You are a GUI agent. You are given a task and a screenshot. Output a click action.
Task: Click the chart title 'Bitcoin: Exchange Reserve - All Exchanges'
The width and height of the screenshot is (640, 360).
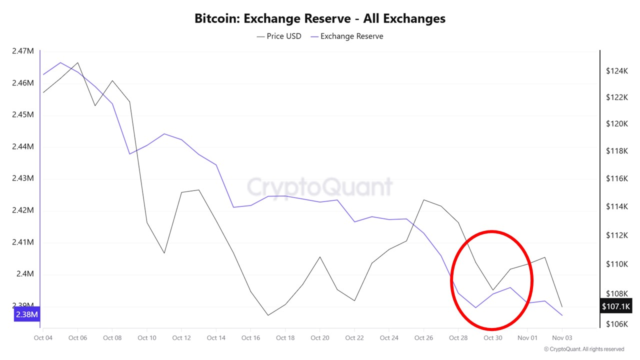pos(320,19)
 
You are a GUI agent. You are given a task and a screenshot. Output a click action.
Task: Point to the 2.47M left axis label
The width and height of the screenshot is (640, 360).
pos(22,51)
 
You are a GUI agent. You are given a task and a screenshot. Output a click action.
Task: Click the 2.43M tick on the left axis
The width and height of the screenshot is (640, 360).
pos(22,178)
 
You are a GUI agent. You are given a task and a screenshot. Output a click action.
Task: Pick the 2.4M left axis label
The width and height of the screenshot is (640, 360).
pos(25,274)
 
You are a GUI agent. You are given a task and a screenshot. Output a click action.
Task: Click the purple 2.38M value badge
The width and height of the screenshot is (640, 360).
pos(26,314)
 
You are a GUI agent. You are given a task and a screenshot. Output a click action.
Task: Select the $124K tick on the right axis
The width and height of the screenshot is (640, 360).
pos(617,71)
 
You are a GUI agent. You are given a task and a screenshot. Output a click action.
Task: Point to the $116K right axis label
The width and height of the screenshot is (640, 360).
pos(617,178)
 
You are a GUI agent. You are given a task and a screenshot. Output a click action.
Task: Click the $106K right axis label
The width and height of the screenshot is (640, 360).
pos(617,324)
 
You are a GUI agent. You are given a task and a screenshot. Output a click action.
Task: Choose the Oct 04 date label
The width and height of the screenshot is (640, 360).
pos(42,338)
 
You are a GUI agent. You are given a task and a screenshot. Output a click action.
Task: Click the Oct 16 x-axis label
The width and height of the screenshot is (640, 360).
pos(250,338)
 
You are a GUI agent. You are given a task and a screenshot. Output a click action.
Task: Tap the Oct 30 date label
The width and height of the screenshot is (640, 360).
pos(492,338)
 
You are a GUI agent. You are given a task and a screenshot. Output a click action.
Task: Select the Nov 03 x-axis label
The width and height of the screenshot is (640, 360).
pos(562,338)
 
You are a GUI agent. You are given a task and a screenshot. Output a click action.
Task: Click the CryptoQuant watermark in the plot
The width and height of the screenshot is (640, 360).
pos(320,187)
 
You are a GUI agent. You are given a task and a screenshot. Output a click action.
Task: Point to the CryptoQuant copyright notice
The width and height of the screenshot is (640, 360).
pos(584,349)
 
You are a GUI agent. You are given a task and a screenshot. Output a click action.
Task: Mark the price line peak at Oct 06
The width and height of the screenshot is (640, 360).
pos(77,63)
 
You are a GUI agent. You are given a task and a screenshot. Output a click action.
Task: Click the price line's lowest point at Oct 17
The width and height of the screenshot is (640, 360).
pos(268,315)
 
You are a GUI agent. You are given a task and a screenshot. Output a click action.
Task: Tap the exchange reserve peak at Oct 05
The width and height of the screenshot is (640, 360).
pos(60,62)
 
